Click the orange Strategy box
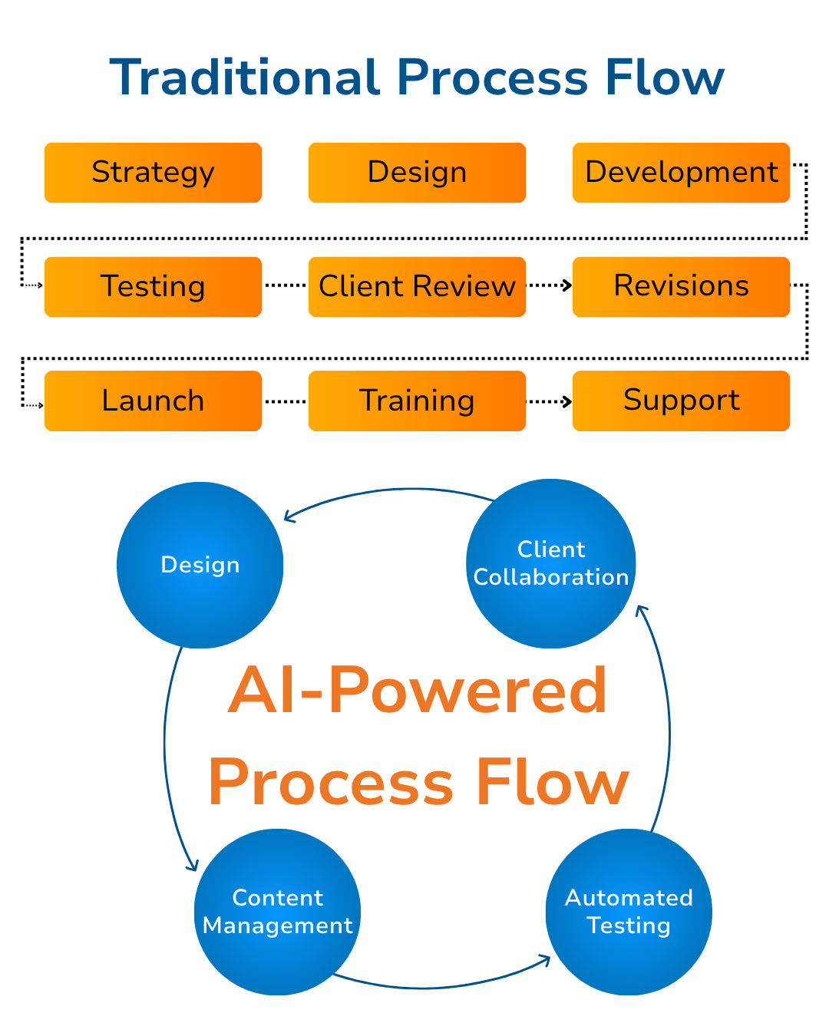click(x=153, y=173)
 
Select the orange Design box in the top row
click(x=417, y=173)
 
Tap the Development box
click(x=681, y=173)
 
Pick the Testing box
click(x=153, y=287)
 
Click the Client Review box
click(x=417, y=287)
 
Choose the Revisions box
click(x=681, y=287)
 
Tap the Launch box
click(x=153, y=401)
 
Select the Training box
click(x=417, y=401)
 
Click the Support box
click(x=681, y=401)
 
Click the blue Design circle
click(x=200, y=566)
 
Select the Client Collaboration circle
click(x=551, y=564)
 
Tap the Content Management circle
click(x=277, y=912)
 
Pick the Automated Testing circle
click(x=629, y=912)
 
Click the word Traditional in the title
click(x=245, y=78)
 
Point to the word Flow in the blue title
click(x=664, y=78)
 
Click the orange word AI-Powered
click(x=418, y=691)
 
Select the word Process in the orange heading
click(x=332, y=784)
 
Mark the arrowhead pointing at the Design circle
click(x=289, y=516)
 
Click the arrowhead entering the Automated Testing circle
click(x=546, y=959)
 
